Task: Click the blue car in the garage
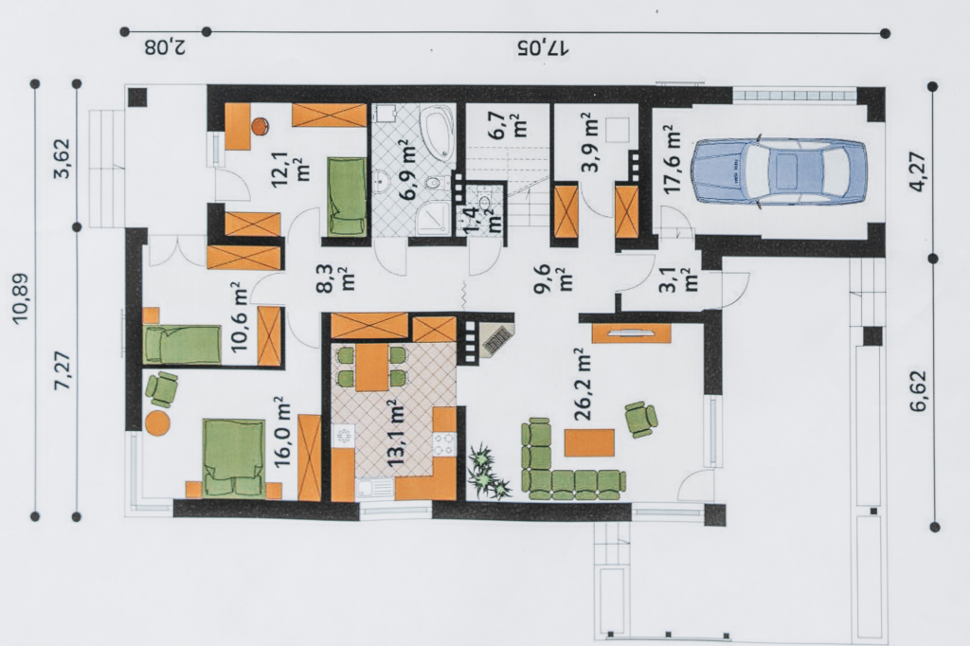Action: click(780, 170)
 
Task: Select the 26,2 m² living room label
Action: click(583, 385)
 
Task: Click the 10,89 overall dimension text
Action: click(22, 297)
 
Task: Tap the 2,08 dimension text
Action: click(165, 47)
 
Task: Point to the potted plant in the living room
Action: click(489, 472)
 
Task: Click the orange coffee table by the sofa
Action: click(589, 443)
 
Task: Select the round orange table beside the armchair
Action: click(158, 422)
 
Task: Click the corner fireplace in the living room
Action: click(498, 336)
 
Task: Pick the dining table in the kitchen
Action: click(371, 368)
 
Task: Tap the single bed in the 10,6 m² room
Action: click(182, 345)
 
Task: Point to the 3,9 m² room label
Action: click(589, 143)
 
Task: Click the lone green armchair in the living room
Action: click(641, 420)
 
